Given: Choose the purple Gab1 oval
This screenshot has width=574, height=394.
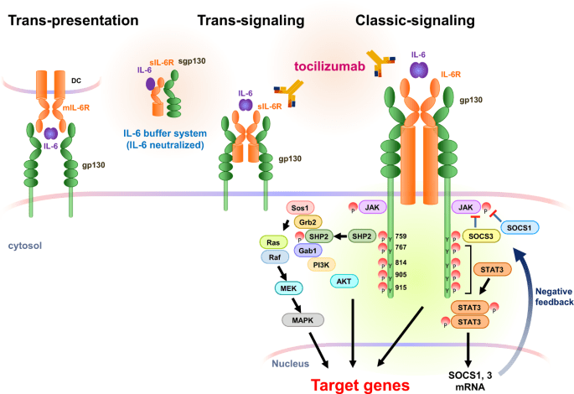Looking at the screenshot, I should tap(308, 251).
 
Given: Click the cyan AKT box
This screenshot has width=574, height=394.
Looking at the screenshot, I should tap(343, 281).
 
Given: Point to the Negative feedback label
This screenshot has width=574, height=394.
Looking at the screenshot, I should tap(552, 295).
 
